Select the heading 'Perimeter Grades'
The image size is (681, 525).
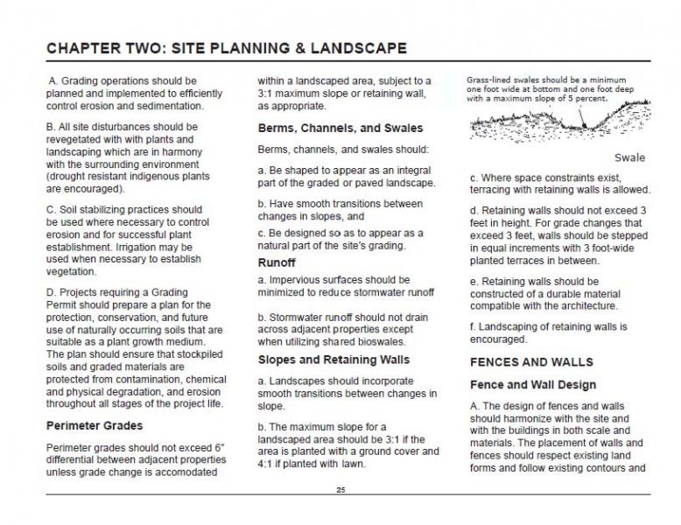pyautogui.click(x=94, y=426)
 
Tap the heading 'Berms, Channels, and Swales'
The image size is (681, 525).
pyautogui.click(x=340, y=128)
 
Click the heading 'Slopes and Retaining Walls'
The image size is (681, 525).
pyautogui.click(x=333, y=360)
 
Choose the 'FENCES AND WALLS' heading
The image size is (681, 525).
pyautogui.click(x=531, y=361)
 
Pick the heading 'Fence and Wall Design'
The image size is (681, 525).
pyautogui.click(x=532, y=385)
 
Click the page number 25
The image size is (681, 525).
pyautogui.click(x=340, y=490)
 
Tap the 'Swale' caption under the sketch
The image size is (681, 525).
pyautogui.click(x=629, y=158)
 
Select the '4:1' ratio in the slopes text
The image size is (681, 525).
pyautogui.click(x=267, y=464)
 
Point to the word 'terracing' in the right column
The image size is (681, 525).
pyautogui.click(x=496, y=190)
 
